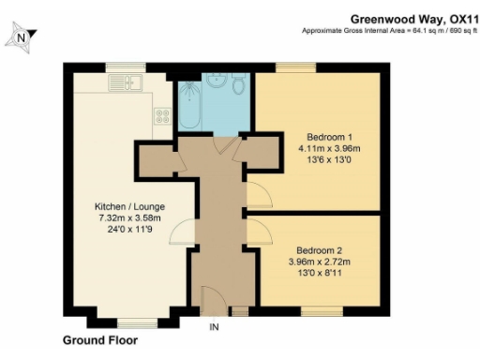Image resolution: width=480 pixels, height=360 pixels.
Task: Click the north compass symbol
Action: coord(20,37)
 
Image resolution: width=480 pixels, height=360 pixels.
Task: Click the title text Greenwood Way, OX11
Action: coord(412,18)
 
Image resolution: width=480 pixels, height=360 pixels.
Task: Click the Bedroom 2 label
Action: coord(320,250)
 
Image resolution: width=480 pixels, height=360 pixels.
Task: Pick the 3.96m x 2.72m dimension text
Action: coord(320,262)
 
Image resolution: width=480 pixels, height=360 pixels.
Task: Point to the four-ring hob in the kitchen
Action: coord(161,117)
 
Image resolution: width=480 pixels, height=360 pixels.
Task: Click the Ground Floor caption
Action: coord(99,341)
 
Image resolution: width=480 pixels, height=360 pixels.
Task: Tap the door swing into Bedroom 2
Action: coord(256,231)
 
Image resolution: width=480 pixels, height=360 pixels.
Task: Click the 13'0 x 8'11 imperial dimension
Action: coord(320,275)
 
